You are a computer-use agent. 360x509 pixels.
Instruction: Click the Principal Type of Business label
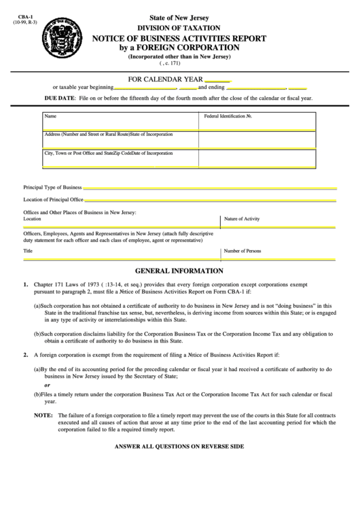click(x=52, y=186)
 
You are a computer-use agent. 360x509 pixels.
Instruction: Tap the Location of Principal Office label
click(x=53, y=200)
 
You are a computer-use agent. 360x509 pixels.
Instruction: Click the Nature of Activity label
click(x=242, y=219)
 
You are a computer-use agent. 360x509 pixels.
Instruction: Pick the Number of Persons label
click(x=242, y=251)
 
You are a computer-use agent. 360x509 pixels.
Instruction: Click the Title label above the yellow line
click(x=28, y=251)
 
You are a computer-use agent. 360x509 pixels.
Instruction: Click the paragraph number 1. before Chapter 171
click(x=26, y=284)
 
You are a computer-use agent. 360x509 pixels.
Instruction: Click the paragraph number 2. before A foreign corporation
click(x=26, y=355)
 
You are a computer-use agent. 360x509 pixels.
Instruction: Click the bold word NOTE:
click(x=43, y=414)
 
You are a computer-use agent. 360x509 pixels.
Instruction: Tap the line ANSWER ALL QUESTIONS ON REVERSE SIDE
click(x=179, y=447)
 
